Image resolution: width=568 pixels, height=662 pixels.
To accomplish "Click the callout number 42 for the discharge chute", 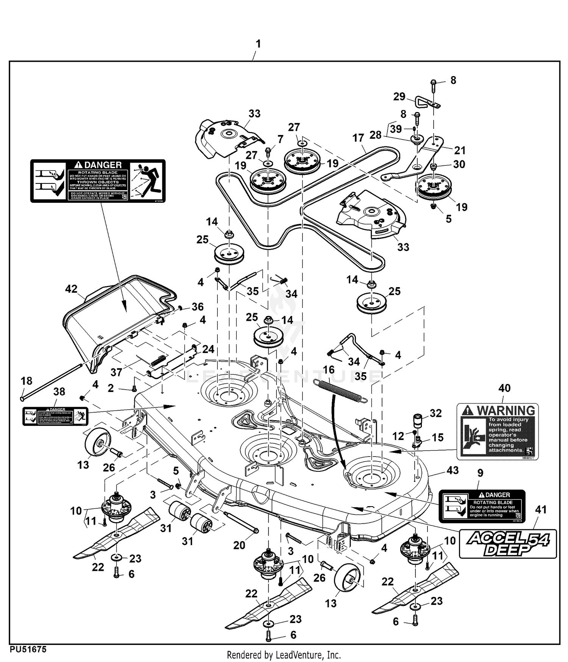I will [x=71, y=289].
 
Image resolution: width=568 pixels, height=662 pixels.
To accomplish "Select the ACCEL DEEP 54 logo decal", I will [x=508, y=544].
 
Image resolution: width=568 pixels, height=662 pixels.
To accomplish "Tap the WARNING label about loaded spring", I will [x=498, y=432].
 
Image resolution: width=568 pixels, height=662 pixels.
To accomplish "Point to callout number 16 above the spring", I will [x=329, y=369].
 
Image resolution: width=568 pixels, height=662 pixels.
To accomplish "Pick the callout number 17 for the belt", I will [x=358, y=138].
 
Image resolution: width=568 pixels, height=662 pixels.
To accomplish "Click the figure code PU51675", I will [x=28, y=649].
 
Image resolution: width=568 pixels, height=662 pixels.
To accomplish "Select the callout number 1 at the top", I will [x=258, y=44].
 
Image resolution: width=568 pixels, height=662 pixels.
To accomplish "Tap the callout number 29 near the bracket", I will [x=399, y=96].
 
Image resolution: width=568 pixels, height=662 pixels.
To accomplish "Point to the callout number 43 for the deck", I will [x=453, y=470].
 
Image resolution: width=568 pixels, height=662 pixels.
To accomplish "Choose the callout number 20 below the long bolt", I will [x=239, y=545].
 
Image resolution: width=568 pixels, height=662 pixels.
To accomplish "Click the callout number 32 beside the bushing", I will [x=436, y=413].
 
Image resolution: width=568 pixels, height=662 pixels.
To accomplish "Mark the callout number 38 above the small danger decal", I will [x=59, y=392].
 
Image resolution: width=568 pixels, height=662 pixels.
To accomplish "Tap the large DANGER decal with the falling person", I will [x=98, y=181].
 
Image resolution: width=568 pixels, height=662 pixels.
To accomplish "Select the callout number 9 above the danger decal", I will [x=481, y=472].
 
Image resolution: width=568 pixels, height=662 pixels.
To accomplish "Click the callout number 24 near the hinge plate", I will [x=208, y=349].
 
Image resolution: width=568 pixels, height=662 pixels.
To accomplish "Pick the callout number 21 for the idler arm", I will [x=460, y=150].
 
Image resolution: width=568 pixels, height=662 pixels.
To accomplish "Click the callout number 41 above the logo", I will [x=541, y=510].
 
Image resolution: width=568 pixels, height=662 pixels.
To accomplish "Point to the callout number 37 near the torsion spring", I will [x=116, y=372].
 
